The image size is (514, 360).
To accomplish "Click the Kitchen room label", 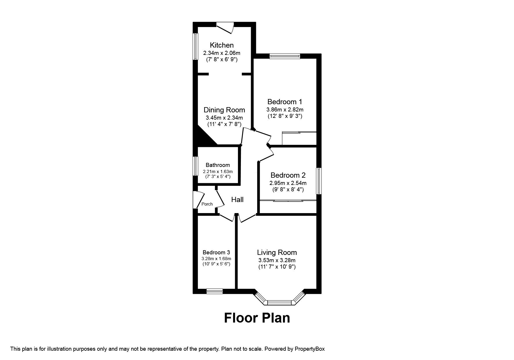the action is point(222,45).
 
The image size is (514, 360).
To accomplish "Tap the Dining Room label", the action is point(224,110).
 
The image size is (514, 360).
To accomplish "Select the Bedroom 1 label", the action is point(285,102).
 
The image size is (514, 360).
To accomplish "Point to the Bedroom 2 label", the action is point(288,175).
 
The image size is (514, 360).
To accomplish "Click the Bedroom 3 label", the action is point(217,252).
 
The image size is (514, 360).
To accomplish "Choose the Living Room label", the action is point(277,253).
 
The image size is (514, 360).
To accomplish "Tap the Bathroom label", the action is point(218,165).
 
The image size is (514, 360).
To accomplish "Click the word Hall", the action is point(237,200).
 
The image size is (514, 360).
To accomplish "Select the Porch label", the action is point(207,204).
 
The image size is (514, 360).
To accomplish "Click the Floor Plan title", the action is point(257,318).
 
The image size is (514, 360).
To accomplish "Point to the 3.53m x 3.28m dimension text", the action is point(277,260).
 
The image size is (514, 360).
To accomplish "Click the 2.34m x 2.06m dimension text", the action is point(222,53).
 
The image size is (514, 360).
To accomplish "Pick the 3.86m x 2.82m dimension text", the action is point(285,110).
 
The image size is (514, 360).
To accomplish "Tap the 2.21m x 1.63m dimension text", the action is point(218,172).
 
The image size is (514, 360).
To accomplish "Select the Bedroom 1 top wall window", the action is point(285,56).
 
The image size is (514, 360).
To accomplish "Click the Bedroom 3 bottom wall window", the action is point(215,291).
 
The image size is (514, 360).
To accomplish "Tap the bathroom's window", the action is point(196,166).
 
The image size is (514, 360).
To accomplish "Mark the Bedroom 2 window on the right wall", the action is point(319,181).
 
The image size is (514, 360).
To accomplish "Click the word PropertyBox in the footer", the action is point(310,349).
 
